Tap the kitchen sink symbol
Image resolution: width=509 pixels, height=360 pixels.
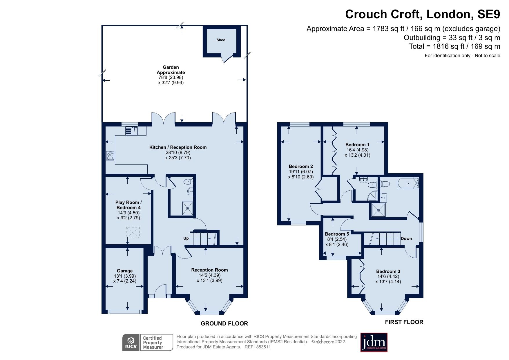pyautogui.click(x=132, y=131)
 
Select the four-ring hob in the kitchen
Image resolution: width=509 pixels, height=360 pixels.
pyautogui.click(x=110, y=156)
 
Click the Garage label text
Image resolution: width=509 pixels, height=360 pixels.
pyautogui.click(x=125, y=271)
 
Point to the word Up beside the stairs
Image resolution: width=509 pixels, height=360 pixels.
pyautogui.click(x=186, y=238)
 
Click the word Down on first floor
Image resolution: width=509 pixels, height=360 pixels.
pyautogui.click(x=406, y=238)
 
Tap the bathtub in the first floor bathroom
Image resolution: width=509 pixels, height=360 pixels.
pyautogui.click(x=408, y=184)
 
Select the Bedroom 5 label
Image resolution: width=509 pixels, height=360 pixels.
pyautogui.click(x=337, y=234)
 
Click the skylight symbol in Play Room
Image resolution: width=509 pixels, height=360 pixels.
pyautogui.click(x=133, y=232)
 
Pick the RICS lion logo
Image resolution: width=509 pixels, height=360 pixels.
pyautogui.click(x=131, y=343)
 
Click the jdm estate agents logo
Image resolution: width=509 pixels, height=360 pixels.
pyautogui.click(x=374, y=343)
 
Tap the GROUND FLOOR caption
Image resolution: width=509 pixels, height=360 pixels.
pyautogui.click(x=224, y=323)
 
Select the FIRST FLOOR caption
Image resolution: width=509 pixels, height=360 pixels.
pyautogui.click(x=404, y=322)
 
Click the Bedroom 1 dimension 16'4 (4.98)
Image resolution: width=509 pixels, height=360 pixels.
pyautogui.click(x=357, y=150)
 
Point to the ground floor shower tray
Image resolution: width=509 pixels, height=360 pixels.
pyautogui.click(x=187, y=208)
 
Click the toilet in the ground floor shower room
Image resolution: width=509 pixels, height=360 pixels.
pyautogui.click(x=189, y=182)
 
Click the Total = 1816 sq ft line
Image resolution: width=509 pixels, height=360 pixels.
pyautogui.click(x=454, y=46)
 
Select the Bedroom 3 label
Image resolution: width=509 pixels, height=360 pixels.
pyautogui.click(x=388, y=271)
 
